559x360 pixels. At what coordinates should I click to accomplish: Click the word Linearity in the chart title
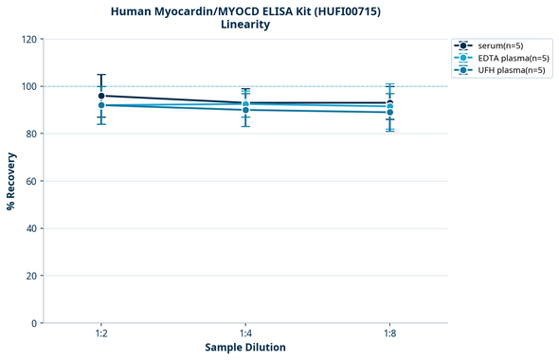click(x=244, y=25)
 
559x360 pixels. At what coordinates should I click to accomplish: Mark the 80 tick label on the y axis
click(x=31, y=134)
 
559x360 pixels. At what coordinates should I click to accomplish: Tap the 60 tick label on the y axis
click(x=31, y=181)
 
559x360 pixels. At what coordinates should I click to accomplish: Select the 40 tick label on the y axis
click(x=31, y=228)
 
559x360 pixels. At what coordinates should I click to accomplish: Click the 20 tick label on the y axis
click(x=31, y=276)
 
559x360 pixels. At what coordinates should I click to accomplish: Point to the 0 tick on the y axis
click(x=34, y=323)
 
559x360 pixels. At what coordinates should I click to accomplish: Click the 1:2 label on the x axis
click(x=100, y=334)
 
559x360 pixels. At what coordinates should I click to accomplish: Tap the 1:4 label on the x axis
click(x=245, y=334)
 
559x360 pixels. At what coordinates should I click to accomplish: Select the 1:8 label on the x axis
click(x=390, y=334)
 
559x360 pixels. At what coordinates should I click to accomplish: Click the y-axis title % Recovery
click(x=11, y=181)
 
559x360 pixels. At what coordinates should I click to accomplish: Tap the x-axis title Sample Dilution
click(x=245, y=348)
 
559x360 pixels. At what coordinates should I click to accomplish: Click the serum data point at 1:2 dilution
click(x=100, y=96)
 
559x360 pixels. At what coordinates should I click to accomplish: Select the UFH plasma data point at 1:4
click(x=245, y=110)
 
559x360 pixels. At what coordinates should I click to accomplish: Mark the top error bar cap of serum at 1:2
click(x=100, y=75)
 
